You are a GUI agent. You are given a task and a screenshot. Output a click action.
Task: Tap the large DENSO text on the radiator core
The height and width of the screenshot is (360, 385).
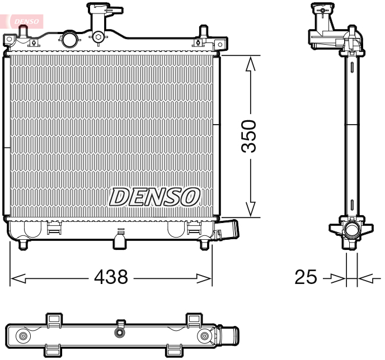[154, 196]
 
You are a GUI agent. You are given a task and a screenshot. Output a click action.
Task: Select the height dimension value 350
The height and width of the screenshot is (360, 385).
[249, 136]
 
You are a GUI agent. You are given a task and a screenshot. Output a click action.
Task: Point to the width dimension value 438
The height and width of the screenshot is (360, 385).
[111, 276]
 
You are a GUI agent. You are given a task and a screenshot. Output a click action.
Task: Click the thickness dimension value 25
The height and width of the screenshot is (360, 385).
[306, 277]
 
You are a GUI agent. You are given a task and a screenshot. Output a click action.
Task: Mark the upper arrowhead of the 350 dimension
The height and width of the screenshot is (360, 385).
[251, 63]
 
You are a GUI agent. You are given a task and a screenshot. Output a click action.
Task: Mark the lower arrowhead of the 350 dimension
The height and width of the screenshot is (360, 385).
[251, 209]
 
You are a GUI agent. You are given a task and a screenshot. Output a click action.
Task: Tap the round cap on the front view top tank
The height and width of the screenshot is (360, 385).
[69, 39]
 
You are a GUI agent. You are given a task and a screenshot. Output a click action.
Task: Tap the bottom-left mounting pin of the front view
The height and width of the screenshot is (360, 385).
[23, 244]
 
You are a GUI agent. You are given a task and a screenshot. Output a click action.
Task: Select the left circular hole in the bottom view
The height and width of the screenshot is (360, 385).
[23, 336]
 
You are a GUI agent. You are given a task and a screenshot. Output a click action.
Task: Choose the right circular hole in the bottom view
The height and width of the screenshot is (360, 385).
[205, 336]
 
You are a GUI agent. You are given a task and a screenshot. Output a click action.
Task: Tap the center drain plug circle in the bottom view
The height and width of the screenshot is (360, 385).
[119, 333]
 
